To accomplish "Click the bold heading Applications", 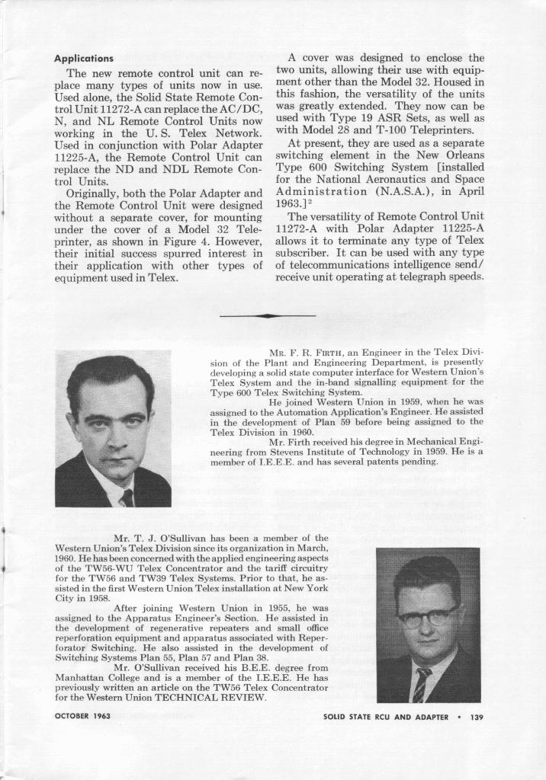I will [84, 59].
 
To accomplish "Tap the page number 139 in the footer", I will [477, 716].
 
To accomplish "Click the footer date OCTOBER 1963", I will [83, 716].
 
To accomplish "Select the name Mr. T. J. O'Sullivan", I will [157, 538].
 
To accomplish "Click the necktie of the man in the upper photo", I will [127, 497].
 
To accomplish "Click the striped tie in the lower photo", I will [421, 684].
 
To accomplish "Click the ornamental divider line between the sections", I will [268, 315].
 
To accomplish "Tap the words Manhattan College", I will [91, 677].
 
